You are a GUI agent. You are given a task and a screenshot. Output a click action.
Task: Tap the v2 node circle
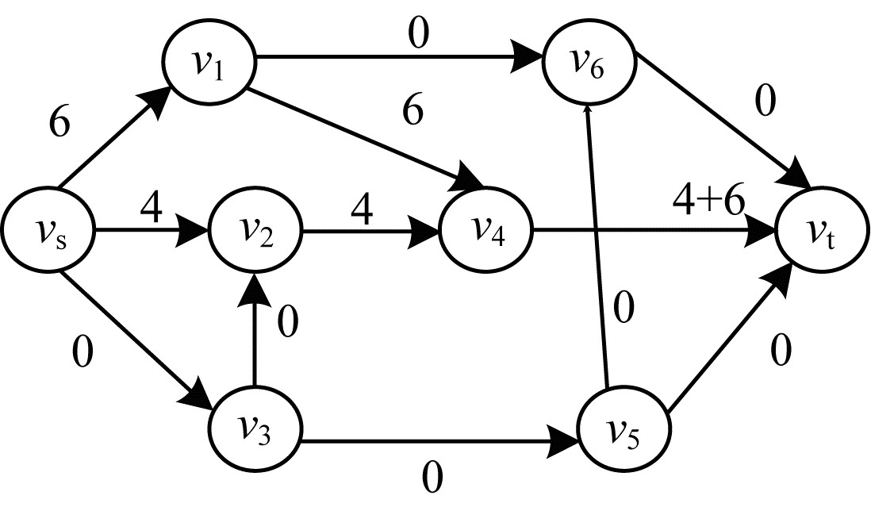click(x=255, y=230)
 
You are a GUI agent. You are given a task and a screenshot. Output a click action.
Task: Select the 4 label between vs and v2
click(x=151, y=208)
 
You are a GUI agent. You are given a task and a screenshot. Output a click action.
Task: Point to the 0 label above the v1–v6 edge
click(x=419, y=33)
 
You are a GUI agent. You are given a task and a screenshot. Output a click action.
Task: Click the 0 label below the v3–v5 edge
click(x=432, y=478)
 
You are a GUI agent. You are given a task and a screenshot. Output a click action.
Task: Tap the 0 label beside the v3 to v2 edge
click(x=287, y=321)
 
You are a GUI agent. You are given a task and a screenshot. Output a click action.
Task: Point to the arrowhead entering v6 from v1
click(x=527, y=56)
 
